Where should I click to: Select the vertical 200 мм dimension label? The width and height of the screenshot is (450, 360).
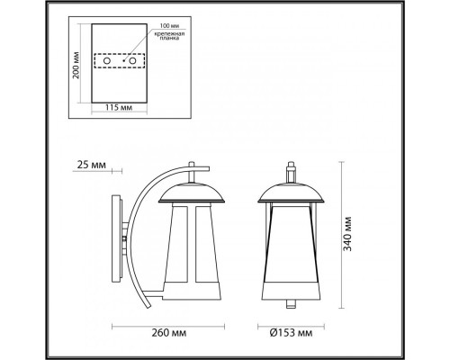click(x=76, y=65)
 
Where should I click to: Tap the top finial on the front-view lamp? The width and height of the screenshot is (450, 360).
click(x=290, y=169)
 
